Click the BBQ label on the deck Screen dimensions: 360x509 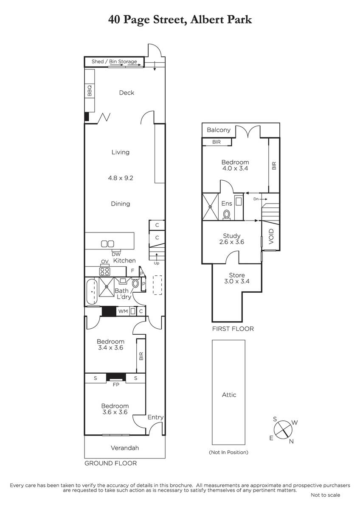(x=90, y=90)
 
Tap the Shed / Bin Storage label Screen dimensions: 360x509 (x=114, y=62)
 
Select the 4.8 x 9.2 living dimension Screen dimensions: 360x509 (x=121, y=178)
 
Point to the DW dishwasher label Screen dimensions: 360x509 (x=116, y=254)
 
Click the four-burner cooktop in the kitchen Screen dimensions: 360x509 (x=105, y=271)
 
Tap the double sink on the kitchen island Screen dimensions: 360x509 (x=107, y=244)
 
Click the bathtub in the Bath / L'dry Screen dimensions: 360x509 (x=92, y=291)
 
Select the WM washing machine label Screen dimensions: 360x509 (x=123, y=311)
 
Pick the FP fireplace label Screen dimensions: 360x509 (x=116, y=384)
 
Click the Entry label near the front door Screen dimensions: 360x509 (x=155, y=417)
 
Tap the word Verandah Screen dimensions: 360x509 (x=125, y=447)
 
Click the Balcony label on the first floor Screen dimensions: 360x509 (x=219, y=130)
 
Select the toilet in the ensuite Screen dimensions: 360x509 (x=227, y=215)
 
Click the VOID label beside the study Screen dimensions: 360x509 (x=271, y=236)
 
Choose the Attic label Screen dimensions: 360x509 (x=229, y=395)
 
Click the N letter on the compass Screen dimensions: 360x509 (x=291, y=441)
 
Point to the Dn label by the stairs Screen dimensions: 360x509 (x=256, y=199)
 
